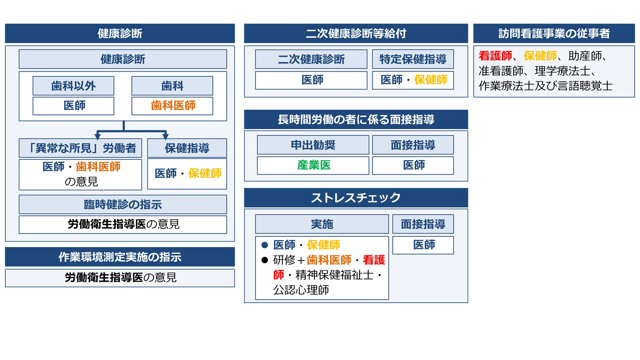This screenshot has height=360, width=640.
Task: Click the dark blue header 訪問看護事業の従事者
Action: [554, 33]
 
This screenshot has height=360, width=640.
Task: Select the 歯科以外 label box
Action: [73, 86]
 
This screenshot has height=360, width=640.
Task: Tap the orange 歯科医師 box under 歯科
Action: [172, 106]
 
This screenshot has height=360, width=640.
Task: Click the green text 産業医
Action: [314, 165]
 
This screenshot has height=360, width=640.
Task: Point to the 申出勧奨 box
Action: [313, 145]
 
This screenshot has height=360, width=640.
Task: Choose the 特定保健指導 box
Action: [413, 59]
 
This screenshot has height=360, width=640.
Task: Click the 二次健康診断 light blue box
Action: [311, 59]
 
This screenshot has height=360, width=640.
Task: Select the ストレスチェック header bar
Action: [356, 198]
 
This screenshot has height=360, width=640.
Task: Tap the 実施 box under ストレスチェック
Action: [322, 224]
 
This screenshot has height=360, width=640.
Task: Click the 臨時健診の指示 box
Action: [123, 204]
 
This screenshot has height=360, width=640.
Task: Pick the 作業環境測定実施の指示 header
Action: [120, 257]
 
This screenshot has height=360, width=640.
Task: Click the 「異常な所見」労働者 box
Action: [80, 148]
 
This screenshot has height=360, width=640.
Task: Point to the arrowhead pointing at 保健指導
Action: [165, 136]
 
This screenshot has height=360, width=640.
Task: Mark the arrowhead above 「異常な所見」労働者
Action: [98, 136]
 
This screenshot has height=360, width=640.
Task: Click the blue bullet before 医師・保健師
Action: [265, 245]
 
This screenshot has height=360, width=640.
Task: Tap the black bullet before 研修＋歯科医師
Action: [265, 260]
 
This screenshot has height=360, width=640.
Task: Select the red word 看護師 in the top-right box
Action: [495, 56]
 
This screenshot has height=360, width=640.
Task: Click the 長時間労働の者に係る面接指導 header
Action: [356, 119]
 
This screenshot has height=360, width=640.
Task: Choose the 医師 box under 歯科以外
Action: [73, 106]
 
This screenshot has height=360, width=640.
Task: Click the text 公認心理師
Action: [301, 290]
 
